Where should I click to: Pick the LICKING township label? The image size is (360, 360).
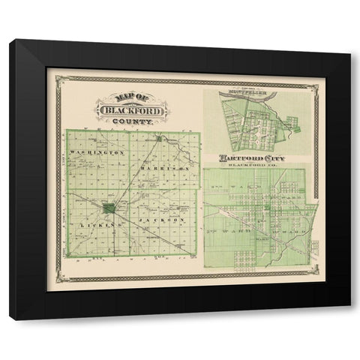(103, 223)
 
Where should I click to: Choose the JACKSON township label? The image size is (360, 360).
(160, 222)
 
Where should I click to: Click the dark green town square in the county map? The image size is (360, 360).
(109, 208)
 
